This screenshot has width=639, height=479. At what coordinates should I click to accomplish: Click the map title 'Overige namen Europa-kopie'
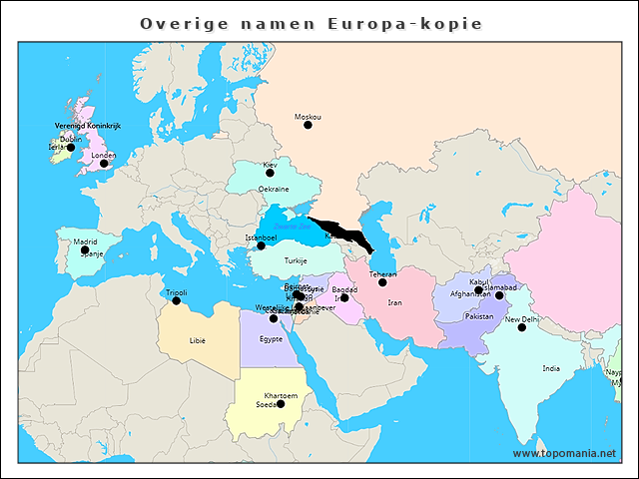pos(311,23)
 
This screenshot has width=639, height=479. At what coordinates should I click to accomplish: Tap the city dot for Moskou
pos(308,126)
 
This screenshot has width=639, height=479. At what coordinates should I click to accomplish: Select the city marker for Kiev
pos(270,173)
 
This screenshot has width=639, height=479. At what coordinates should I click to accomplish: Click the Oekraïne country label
pos(274,189)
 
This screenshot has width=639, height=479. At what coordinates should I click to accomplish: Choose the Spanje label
pos(92,254)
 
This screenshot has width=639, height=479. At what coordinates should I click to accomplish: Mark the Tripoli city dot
pos(176,300)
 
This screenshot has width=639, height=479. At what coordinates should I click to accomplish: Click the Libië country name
pos(198,340)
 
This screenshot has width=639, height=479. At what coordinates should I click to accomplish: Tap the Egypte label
pos(271,339)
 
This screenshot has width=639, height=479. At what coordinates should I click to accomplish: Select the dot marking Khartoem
pos(281,404)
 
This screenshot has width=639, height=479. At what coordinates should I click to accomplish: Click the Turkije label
pos(296,260)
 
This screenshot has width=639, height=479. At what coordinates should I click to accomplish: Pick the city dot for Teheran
pos(382,282)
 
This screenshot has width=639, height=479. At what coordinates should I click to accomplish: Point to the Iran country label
pos(394,302)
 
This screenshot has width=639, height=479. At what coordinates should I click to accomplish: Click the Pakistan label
pos(479,316)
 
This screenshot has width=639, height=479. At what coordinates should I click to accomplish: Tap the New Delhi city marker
pos(521,327)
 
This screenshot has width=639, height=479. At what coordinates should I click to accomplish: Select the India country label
pos(551,368)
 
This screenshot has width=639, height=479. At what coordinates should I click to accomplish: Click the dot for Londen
pos(103,164)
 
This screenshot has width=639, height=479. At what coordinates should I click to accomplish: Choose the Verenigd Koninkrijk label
pos(87,126)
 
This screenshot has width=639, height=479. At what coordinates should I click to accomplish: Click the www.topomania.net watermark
pos(564,453)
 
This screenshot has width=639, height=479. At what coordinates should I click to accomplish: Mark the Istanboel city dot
pos(261,245)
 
